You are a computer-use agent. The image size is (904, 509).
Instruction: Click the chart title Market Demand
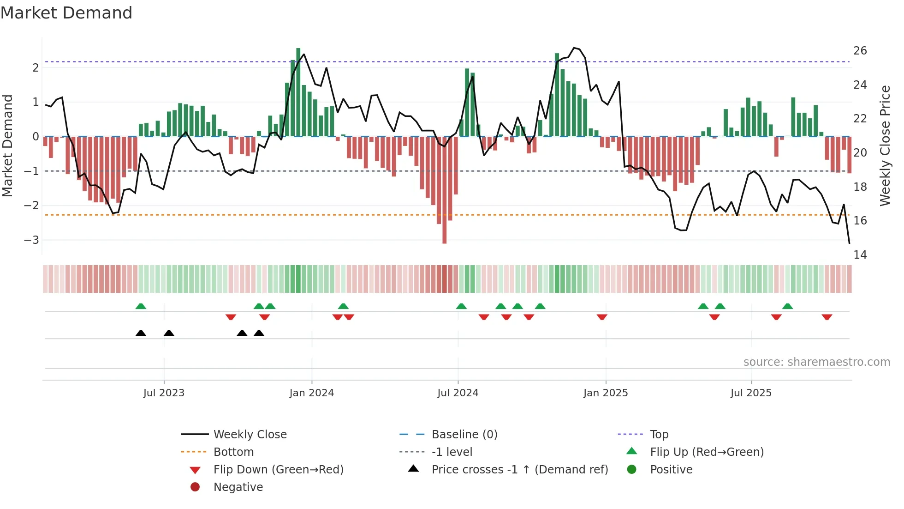(66, 13)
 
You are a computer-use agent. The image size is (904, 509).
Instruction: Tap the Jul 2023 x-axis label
(164, 393)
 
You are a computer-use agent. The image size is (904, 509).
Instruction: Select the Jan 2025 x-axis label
(605, 393)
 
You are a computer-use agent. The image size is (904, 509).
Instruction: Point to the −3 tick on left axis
(32, 240)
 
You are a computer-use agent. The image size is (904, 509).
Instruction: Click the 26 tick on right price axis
(860, 51)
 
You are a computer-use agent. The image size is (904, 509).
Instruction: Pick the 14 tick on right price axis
(860, 255)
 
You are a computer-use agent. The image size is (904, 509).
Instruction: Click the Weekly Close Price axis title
(885, 145)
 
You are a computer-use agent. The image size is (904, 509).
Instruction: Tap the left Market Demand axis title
(8, 145)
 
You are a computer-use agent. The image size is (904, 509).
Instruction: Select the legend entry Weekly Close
(250, 435)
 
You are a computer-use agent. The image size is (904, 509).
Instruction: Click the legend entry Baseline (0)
(464, 435)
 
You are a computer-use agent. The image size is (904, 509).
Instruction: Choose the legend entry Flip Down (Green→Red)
(278, 470)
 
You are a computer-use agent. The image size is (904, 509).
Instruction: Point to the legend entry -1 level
(452, 452)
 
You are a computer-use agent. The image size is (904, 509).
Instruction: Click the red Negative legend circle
(195, 487)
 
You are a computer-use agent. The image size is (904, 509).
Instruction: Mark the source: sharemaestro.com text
(816, 362)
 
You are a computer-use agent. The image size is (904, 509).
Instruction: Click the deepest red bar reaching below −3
(445, 194)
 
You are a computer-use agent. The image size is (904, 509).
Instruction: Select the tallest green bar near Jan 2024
(298, 92)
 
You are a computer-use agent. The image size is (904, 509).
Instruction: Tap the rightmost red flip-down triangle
(827, 317)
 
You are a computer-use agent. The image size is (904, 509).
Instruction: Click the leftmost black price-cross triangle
(141, 333)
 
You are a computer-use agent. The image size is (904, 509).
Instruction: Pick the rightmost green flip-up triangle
(788, 306)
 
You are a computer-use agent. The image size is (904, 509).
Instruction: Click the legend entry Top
(659, 435)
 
